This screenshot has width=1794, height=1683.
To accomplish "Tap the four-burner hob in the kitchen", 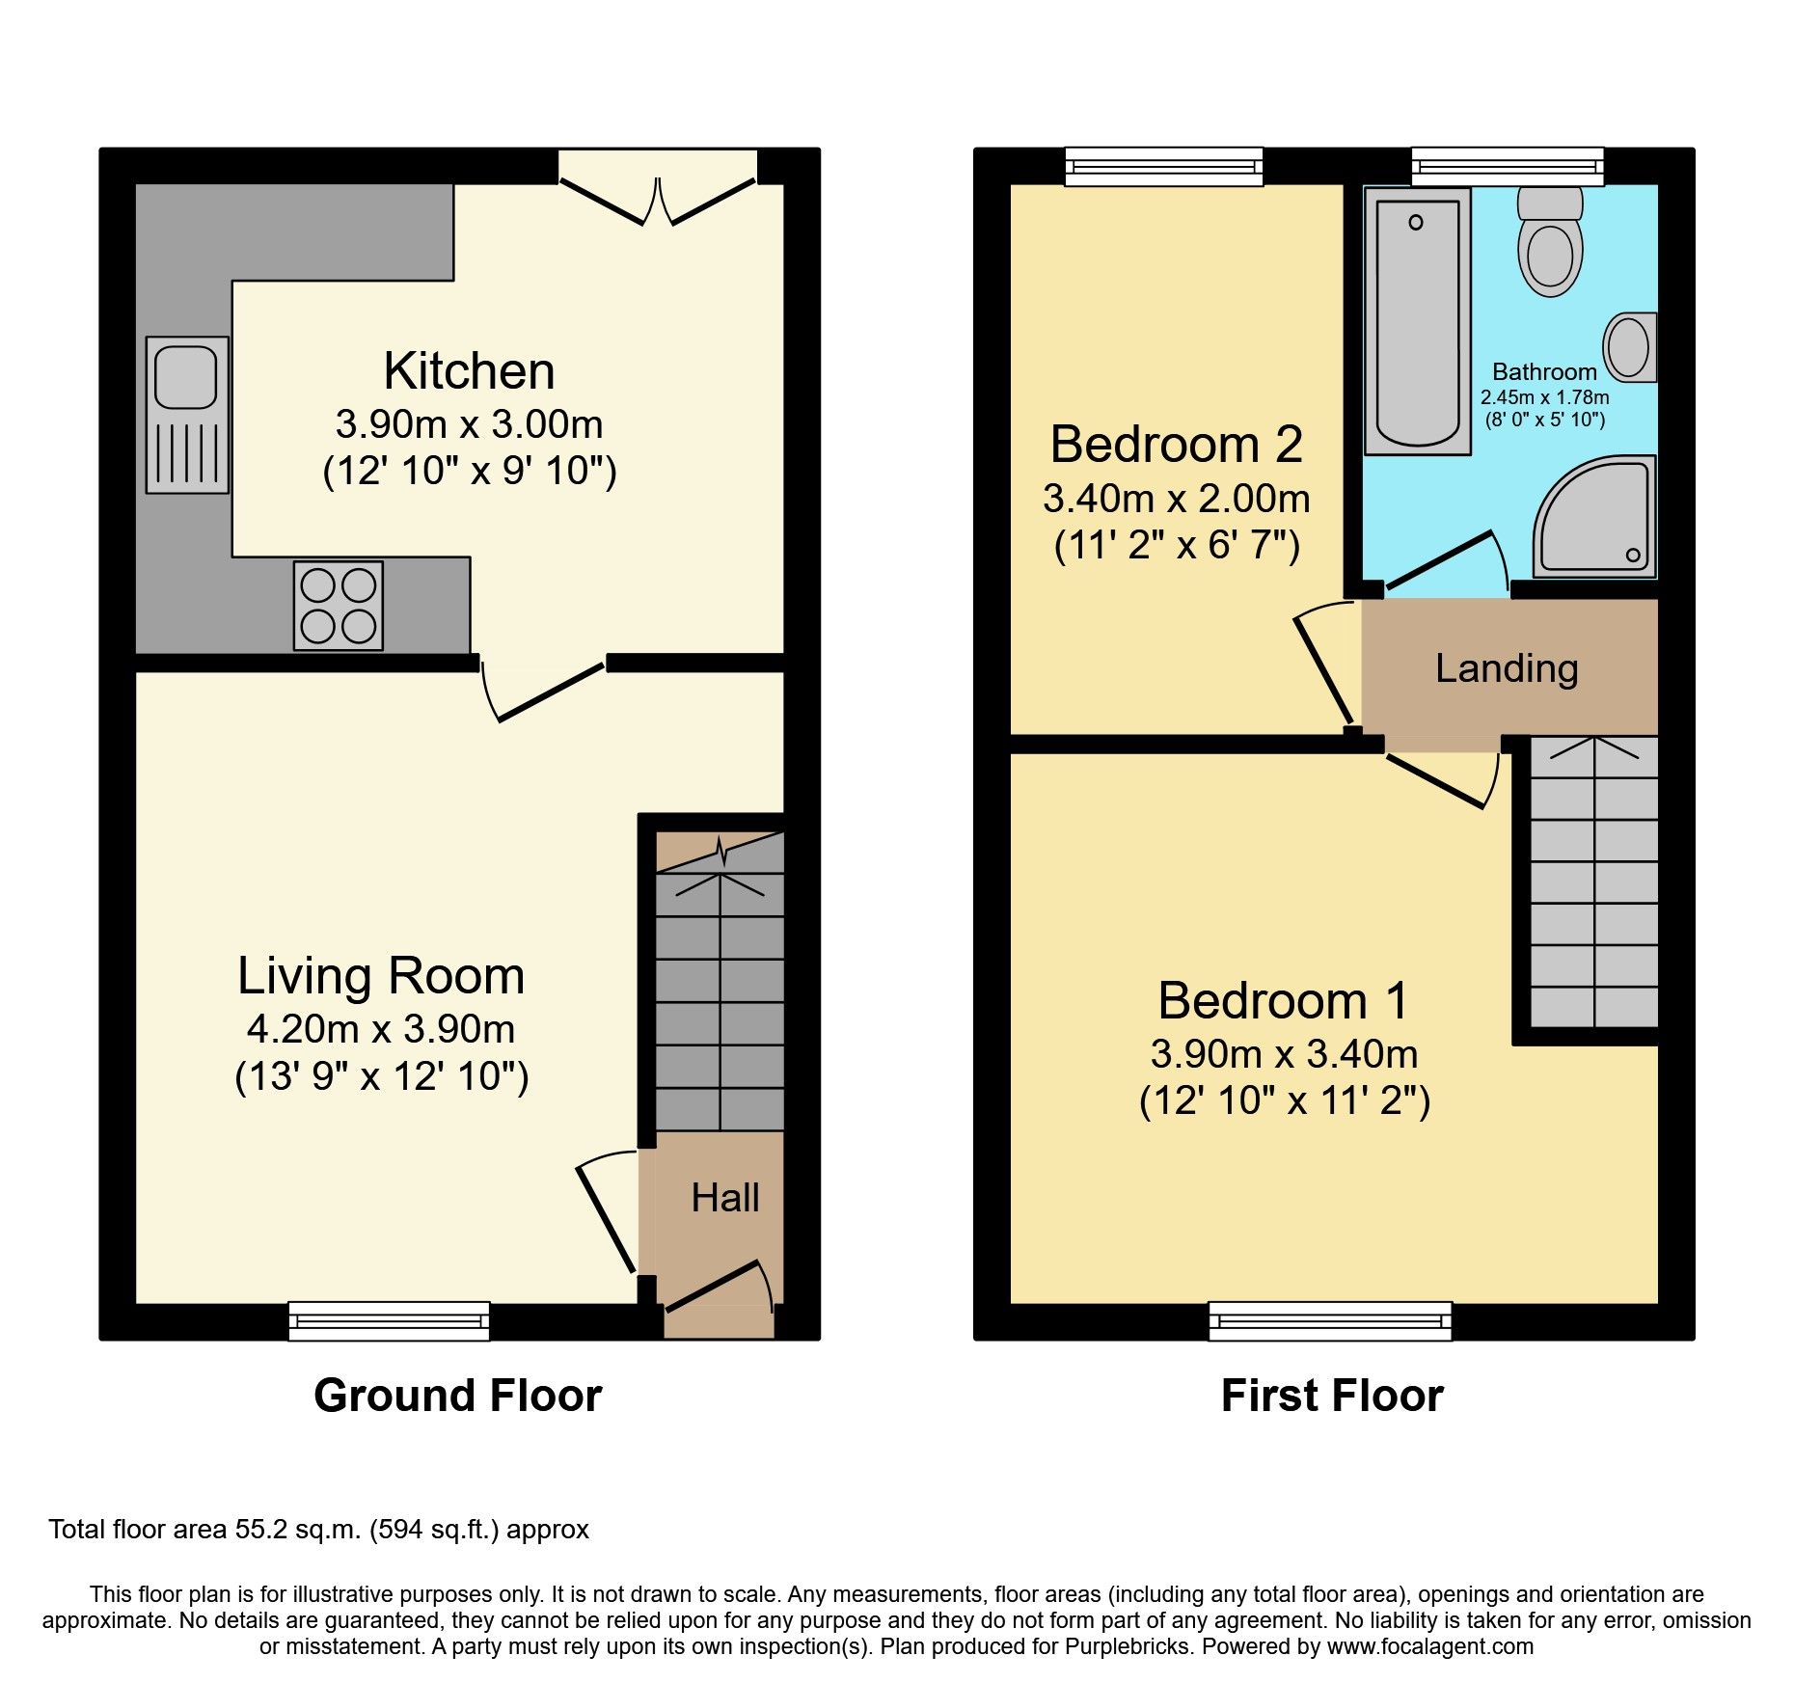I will (x=339, y=606).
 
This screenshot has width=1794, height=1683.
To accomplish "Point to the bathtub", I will (x=1417, y=320).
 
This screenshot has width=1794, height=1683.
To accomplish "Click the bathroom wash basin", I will (x=1630, y=347).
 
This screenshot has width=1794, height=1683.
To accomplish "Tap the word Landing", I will (x=1506, y=668).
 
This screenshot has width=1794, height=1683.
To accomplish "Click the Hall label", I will (x=725, y=1198).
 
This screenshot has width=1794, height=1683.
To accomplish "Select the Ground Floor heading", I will (x=457, y=1396).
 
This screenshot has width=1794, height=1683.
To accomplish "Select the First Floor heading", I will (x=1332, y=1396).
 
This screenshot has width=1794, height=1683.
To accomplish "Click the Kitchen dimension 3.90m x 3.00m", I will (x=469, y=424).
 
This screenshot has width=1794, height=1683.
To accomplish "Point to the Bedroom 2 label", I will (x=1176, y=445).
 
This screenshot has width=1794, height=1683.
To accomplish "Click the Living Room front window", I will (x=389, y=1320).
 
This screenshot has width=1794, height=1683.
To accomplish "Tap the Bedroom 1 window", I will (x=1330, y=1320).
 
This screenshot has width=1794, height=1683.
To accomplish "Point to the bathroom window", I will (x=1507, y=166).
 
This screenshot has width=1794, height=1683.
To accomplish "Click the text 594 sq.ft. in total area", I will (x=434, y=1530).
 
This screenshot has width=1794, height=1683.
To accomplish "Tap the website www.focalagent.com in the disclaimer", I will (x=1429, y=1646).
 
